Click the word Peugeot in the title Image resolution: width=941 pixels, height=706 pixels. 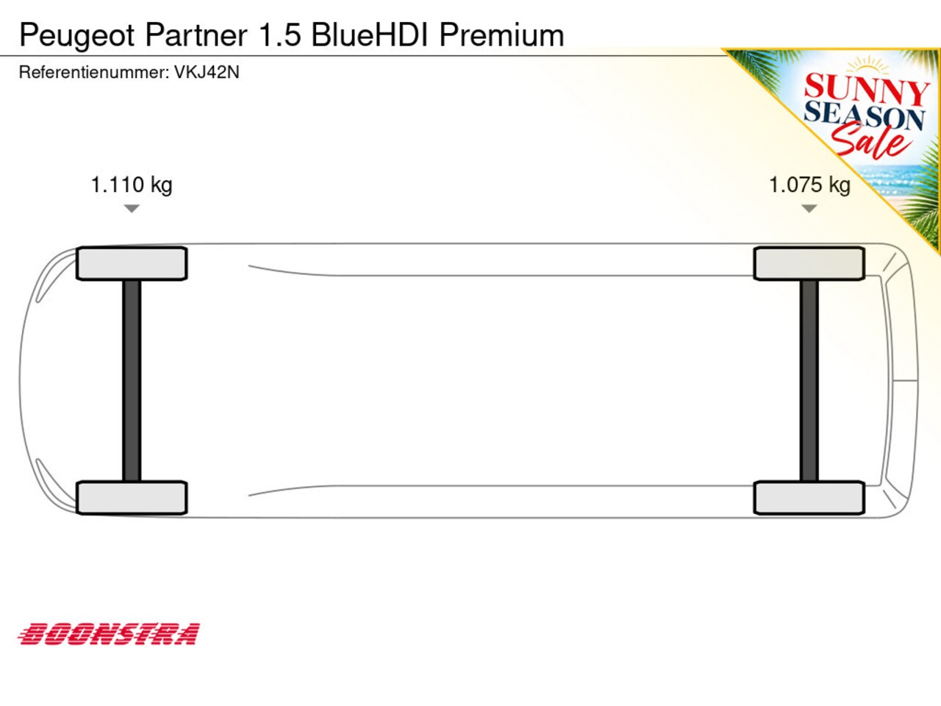point(77,36)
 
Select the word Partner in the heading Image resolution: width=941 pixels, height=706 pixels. point(196,35)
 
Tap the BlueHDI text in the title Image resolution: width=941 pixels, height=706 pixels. point(370,35)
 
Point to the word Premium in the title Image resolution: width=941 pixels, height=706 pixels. point(501,35)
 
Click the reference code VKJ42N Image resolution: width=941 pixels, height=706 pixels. point(207,72)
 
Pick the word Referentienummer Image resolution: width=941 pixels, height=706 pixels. point(94,72)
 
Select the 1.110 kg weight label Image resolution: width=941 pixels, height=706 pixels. point(132,185)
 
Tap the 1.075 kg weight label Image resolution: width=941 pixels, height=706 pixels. point(809,185)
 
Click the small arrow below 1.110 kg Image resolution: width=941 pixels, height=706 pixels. point(132,209)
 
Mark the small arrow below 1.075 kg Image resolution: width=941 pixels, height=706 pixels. point(809,209)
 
